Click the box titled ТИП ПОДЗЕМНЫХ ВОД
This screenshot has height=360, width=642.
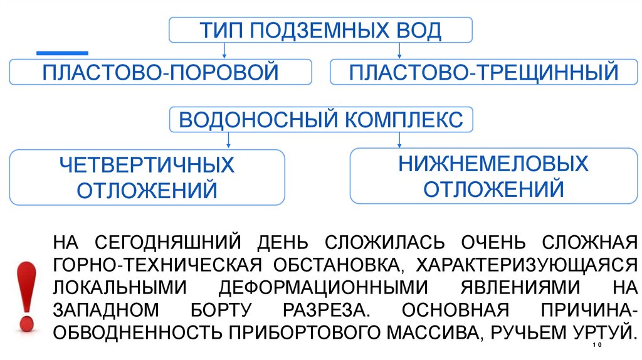pyautogui.click(x=320, y=29)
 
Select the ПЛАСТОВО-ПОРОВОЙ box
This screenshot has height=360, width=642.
pyautogui.click(x=160, y=72)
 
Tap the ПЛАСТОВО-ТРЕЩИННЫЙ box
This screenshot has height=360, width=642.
pyautogui.click(x=484, y=72)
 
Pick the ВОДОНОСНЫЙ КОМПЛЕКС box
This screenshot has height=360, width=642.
pyautogui.click(x=320, y=119)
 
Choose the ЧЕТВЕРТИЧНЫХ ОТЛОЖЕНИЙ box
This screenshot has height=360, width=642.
pyautogui.click(x=147, y=177)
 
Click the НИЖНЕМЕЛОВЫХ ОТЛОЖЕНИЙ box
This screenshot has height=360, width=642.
pyautogui.click(x=493, y=176)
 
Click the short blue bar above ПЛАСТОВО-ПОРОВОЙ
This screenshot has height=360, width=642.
pyautogui.click(x=62, y=53)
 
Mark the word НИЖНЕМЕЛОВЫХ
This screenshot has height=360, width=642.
pyautogui.click(x=493, y=164)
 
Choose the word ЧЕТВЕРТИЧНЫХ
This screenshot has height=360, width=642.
pyautogui.click(x=147, y=166)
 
